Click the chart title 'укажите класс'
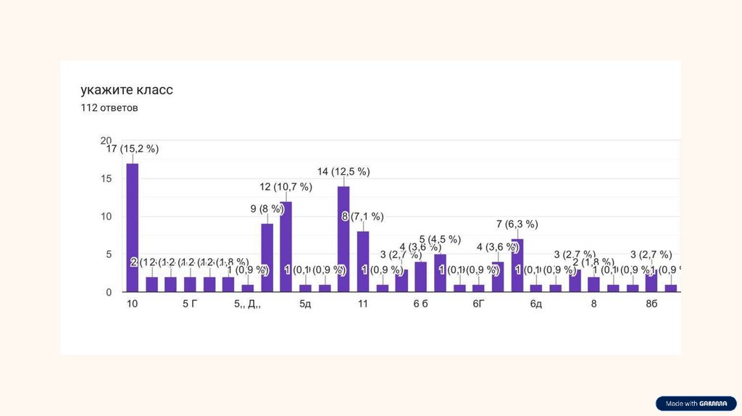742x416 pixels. click(x=127, y=91)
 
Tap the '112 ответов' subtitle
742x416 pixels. click(x=109, y=108)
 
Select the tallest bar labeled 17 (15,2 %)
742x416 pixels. click(x=132, y=228)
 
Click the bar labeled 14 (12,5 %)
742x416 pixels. click(x=343, y=239)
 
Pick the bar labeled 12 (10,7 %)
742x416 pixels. click(x=286, y=246)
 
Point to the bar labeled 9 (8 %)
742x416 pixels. click(x=267, y=258)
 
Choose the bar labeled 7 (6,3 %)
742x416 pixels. click(x=517, y=265)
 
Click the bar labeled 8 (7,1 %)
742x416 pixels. click(x=363, y=262)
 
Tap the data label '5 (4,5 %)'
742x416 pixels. click(x=440, y=239)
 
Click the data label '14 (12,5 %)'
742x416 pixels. click(x=343, y=172)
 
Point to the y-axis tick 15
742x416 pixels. click(x=106, y=178)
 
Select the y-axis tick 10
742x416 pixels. click(x=106, y=217)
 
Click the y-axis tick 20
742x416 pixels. click(x=106, y=141)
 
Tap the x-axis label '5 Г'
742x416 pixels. click(x=190, y=304)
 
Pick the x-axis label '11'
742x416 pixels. click(x=362, y=304)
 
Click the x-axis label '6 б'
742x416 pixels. click(x=421, y=304)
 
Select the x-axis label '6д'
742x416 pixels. click(x=535, y=304)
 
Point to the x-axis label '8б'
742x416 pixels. click(x=651, y=304)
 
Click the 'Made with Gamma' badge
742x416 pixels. click(x=696, y=404)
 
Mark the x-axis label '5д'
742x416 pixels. click(x=305, y=304)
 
